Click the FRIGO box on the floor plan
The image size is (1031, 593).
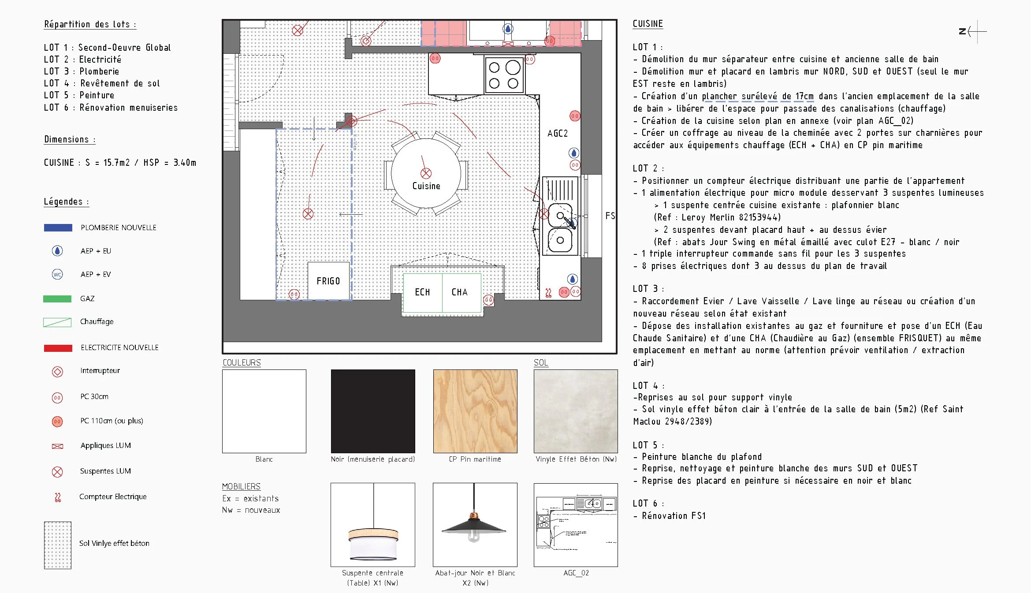328,281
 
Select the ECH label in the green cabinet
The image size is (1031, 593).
422,292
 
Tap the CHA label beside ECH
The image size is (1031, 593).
459,292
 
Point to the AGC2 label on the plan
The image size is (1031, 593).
558,134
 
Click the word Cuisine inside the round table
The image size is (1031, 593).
426,186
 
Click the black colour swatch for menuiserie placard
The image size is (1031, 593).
373,411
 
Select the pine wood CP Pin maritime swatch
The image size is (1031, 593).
475,411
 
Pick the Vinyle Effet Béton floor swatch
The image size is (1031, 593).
576,411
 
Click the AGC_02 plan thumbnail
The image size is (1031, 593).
576,525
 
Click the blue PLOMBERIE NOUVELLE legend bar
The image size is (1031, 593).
58,228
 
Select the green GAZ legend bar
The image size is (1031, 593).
57,299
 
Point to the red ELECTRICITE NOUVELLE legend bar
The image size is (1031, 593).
58,348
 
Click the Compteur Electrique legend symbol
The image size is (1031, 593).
57,497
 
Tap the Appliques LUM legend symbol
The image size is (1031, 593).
57,446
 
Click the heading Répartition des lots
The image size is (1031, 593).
90,24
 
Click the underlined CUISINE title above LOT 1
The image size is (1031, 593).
648,24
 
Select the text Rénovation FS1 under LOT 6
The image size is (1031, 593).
674,516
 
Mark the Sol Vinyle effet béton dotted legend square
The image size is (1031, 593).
58,545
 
